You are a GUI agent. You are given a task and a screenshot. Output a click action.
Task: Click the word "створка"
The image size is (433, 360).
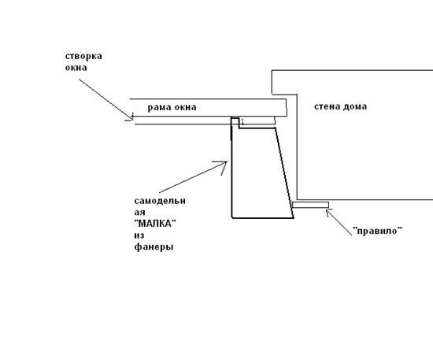click(83, 56)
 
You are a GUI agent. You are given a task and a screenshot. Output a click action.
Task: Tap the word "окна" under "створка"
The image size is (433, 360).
click(76, 68)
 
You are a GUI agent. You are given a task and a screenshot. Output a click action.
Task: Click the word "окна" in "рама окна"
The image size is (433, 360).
click(185, 107)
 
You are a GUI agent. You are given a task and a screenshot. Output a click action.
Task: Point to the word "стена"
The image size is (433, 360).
click(327, 106)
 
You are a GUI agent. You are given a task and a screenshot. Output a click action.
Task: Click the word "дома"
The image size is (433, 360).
click(354, 106)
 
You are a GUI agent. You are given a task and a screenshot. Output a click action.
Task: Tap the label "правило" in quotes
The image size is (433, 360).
click(378, 231)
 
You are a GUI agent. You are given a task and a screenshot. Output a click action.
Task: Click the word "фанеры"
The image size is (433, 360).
click(154, 247)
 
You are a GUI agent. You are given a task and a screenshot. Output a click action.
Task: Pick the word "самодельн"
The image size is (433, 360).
click(160, 201)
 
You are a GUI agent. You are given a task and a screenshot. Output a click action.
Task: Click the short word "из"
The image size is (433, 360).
click(139, 236)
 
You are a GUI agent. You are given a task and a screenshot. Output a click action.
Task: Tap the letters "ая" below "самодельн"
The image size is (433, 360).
click(139, 213)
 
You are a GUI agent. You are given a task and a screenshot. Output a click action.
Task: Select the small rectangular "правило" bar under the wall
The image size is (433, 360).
click(310, 205)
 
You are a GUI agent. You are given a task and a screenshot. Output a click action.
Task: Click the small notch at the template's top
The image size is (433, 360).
click(235, 121)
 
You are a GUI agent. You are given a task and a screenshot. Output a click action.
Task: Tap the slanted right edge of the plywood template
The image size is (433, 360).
click(284, 173)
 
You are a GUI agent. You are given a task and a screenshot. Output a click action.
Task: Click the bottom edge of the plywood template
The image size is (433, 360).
click(263, 218)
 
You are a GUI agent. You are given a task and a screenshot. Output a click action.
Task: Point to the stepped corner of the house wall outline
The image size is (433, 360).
click(297, 95)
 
